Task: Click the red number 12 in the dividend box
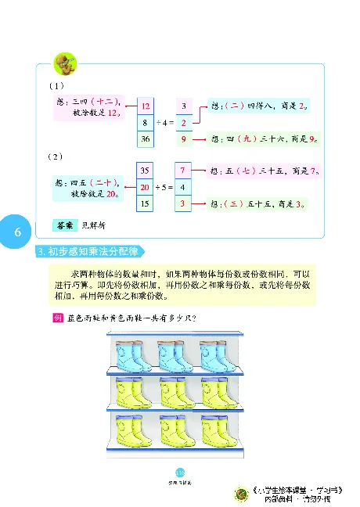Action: [x=145, y=106]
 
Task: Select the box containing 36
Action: [x=145, y=139]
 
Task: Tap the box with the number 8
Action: [x=145, y=122]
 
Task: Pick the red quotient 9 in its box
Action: [x=182, y=139]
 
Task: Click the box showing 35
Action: [x=144, y=170]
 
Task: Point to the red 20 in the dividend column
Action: [x=144, y=188]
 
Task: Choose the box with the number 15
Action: [x=144, y=204]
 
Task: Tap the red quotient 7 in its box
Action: [x=182, y=170]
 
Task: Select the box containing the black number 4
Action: [x=182, y=188]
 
